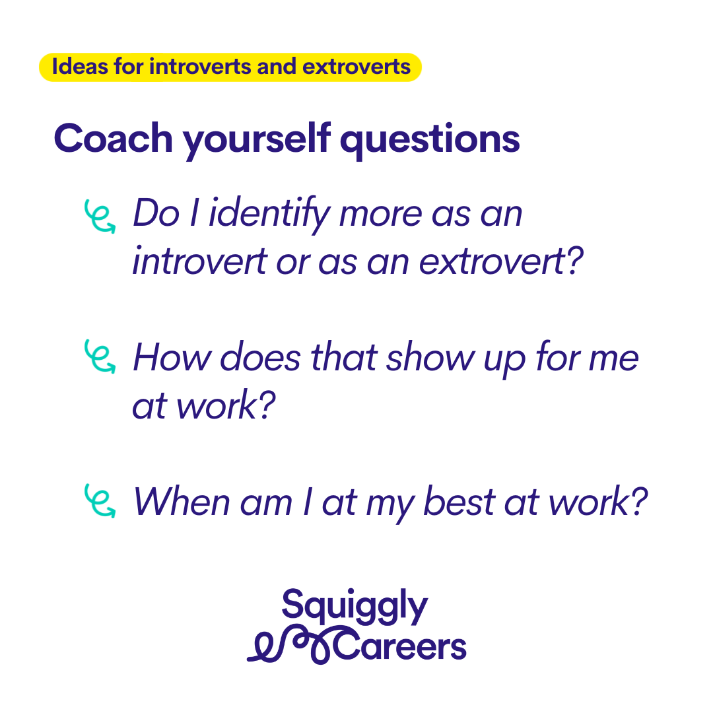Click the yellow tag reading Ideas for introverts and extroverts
(230, 67)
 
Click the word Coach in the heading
(114, 138)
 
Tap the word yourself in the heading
(256, 141)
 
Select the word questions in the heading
(430, 141)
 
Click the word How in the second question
(172, 357)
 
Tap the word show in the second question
(430, 357)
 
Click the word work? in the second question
(226, 405)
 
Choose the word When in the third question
(182, 502)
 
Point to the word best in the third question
(459, 502)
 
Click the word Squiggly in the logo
(355, 605)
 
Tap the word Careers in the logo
(400, 646)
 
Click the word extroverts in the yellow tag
(356, 67)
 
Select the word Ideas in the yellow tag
(80, 67)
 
